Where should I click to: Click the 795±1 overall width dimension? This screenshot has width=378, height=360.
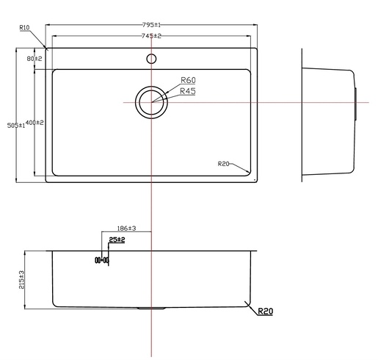pos(151,24)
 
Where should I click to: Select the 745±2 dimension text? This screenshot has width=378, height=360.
pos(151,36)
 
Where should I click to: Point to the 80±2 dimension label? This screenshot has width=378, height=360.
pos(34,58)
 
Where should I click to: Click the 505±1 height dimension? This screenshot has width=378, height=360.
pos(16,126)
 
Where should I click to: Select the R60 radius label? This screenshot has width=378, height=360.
pos(188,81)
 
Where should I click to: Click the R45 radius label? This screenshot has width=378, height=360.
pos(188,92)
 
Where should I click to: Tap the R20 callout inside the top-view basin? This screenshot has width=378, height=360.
pos(224,163)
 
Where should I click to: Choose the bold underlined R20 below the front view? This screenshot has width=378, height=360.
pos(265,312)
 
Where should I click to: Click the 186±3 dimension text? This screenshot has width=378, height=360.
pos(127,229)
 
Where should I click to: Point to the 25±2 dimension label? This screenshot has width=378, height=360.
pos(116,240)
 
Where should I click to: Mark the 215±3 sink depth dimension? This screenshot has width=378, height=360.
pos(22,278)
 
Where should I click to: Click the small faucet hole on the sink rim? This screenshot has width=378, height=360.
pos(151,58)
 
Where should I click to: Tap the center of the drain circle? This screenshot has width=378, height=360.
pos(151,101)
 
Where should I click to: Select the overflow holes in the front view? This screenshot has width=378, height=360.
pos(101,260)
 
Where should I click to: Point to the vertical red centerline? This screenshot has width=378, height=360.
pos(151,206)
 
